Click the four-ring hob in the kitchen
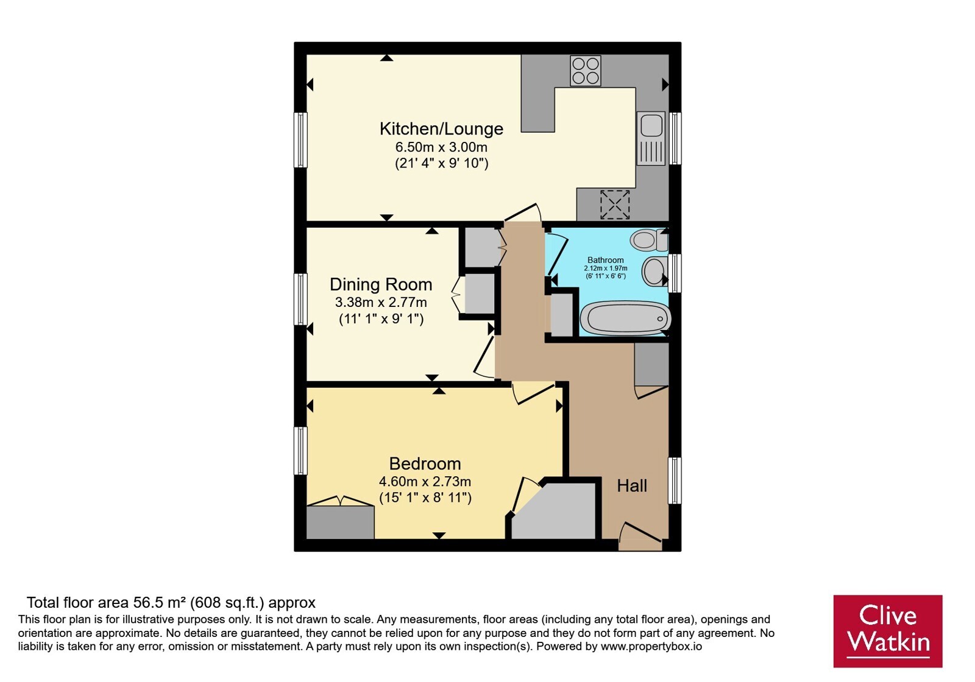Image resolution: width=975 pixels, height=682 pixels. coord(586,71)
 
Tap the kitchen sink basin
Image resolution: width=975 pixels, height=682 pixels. coord(651,125)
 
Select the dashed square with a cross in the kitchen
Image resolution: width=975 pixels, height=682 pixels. coord(615,205)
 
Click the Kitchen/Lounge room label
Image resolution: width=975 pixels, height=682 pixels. coord(441,128)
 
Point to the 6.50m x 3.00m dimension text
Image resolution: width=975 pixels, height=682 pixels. coord(441,147)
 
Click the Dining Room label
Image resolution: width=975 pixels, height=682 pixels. coord(381,284)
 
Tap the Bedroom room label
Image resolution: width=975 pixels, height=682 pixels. coord(425,463)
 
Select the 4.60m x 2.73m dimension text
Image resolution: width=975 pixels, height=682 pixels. coord(425,482)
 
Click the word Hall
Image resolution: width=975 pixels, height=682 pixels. coord(632,485)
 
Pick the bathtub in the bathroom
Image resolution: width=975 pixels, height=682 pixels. coord(625,318)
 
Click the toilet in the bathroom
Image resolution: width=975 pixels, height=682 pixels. coord(649,241)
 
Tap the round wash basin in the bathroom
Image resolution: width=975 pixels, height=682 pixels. coord(654,271)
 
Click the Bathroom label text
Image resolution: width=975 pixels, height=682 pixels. coord(606,260)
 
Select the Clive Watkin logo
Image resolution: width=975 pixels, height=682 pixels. coord(888,631)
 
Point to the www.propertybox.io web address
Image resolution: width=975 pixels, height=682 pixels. coord(651,647)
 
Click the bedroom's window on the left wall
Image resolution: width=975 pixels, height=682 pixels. coord(300,450)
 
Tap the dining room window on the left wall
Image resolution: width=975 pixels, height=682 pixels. coord(300,299)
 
